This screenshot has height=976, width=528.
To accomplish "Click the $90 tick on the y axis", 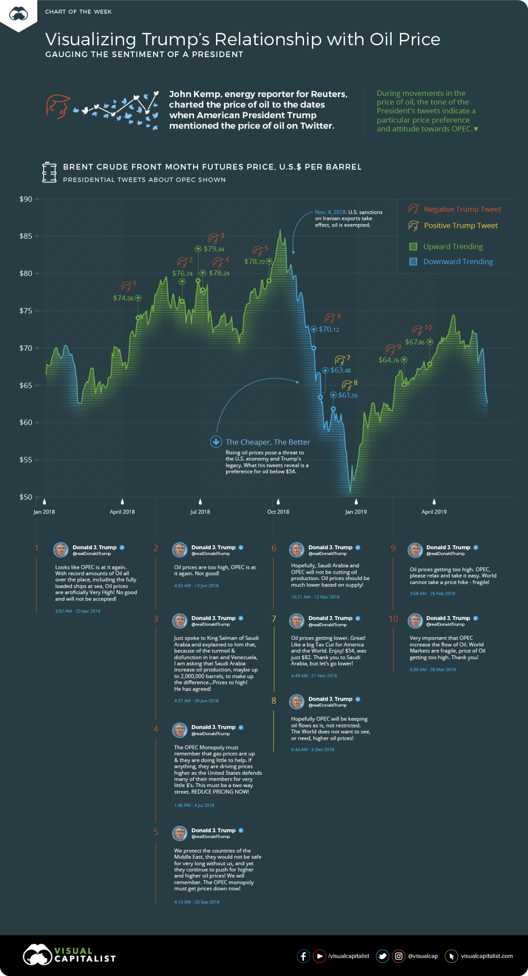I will point(26,199).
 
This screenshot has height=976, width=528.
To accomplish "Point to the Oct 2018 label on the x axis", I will point(278,512).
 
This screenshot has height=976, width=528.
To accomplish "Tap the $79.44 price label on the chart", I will point(214,249).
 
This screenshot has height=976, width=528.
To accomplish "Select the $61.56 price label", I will point(348,395).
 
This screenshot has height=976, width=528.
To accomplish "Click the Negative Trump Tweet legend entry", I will point(462,209).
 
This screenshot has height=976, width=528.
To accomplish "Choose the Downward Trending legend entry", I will point(458,262).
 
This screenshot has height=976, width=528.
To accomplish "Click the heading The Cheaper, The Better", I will point(267,442).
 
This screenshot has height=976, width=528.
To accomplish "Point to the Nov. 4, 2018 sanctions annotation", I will point(349,218).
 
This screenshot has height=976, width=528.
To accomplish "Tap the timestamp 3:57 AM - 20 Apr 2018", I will point(78,611).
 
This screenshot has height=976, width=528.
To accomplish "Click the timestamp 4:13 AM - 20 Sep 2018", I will point(197,902).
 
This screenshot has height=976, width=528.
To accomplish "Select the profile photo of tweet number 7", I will point(297,621).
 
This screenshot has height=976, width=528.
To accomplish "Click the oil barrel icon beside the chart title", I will point(49,172).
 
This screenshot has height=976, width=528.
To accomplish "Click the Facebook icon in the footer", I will point(303,956).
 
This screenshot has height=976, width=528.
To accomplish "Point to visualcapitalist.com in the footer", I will point(486,956).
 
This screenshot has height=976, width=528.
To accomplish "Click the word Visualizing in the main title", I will point(90,40).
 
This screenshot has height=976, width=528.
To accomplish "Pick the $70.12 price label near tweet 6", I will point(329,330).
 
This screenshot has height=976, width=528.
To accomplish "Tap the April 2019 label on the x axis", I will point(434,512).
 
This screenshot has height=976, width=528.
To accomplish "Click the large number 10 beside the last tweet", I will point(393,619).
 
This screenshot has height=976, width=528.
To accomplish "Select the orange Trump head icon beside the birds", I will point(58,106).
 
